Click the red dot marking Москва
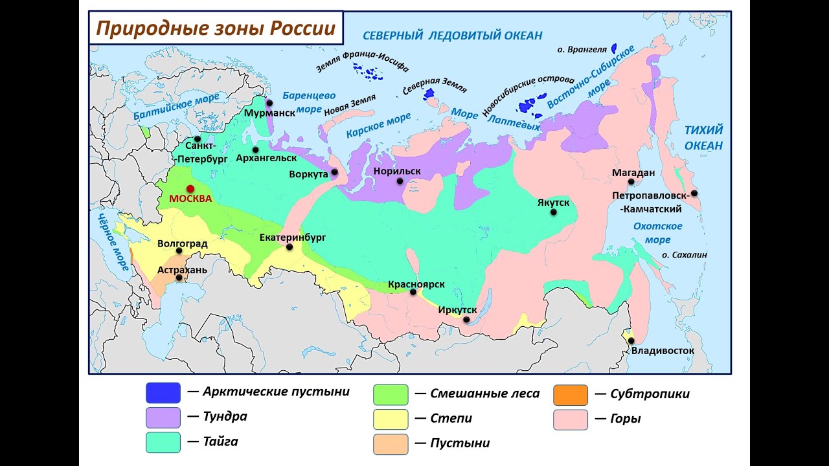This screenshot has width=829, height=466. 190,188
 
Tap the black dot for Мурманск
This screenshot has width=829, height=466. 269,102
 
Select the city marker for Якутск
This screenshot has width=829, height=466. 553,212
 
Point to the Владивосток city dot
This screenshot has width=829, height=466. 631,340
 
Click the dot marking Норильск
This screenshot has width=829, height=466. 400,181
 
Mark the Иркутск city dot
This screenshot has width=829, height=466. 466,319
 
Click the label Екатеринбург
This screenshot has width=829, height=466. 292,238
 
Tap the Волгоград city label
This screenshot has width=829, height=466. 182,244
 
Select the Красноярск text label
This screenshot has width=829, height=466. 416,284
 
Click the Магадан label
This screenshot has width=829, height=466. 634,172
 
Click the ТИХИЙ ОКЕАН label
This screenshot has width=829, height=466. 703,138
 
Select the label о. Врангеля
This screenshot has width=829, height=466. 582,49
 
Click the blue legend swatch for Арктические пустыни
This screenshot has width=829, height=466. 163,393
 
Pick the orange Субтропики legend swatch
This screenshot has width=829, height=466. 571,395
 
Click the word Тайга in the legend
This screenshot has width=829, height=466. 220,442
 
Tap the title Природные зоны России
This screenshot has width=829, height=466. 216,28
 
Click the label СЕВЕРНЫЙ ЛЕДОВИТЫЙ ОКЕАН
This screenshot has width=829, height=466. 452,36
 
